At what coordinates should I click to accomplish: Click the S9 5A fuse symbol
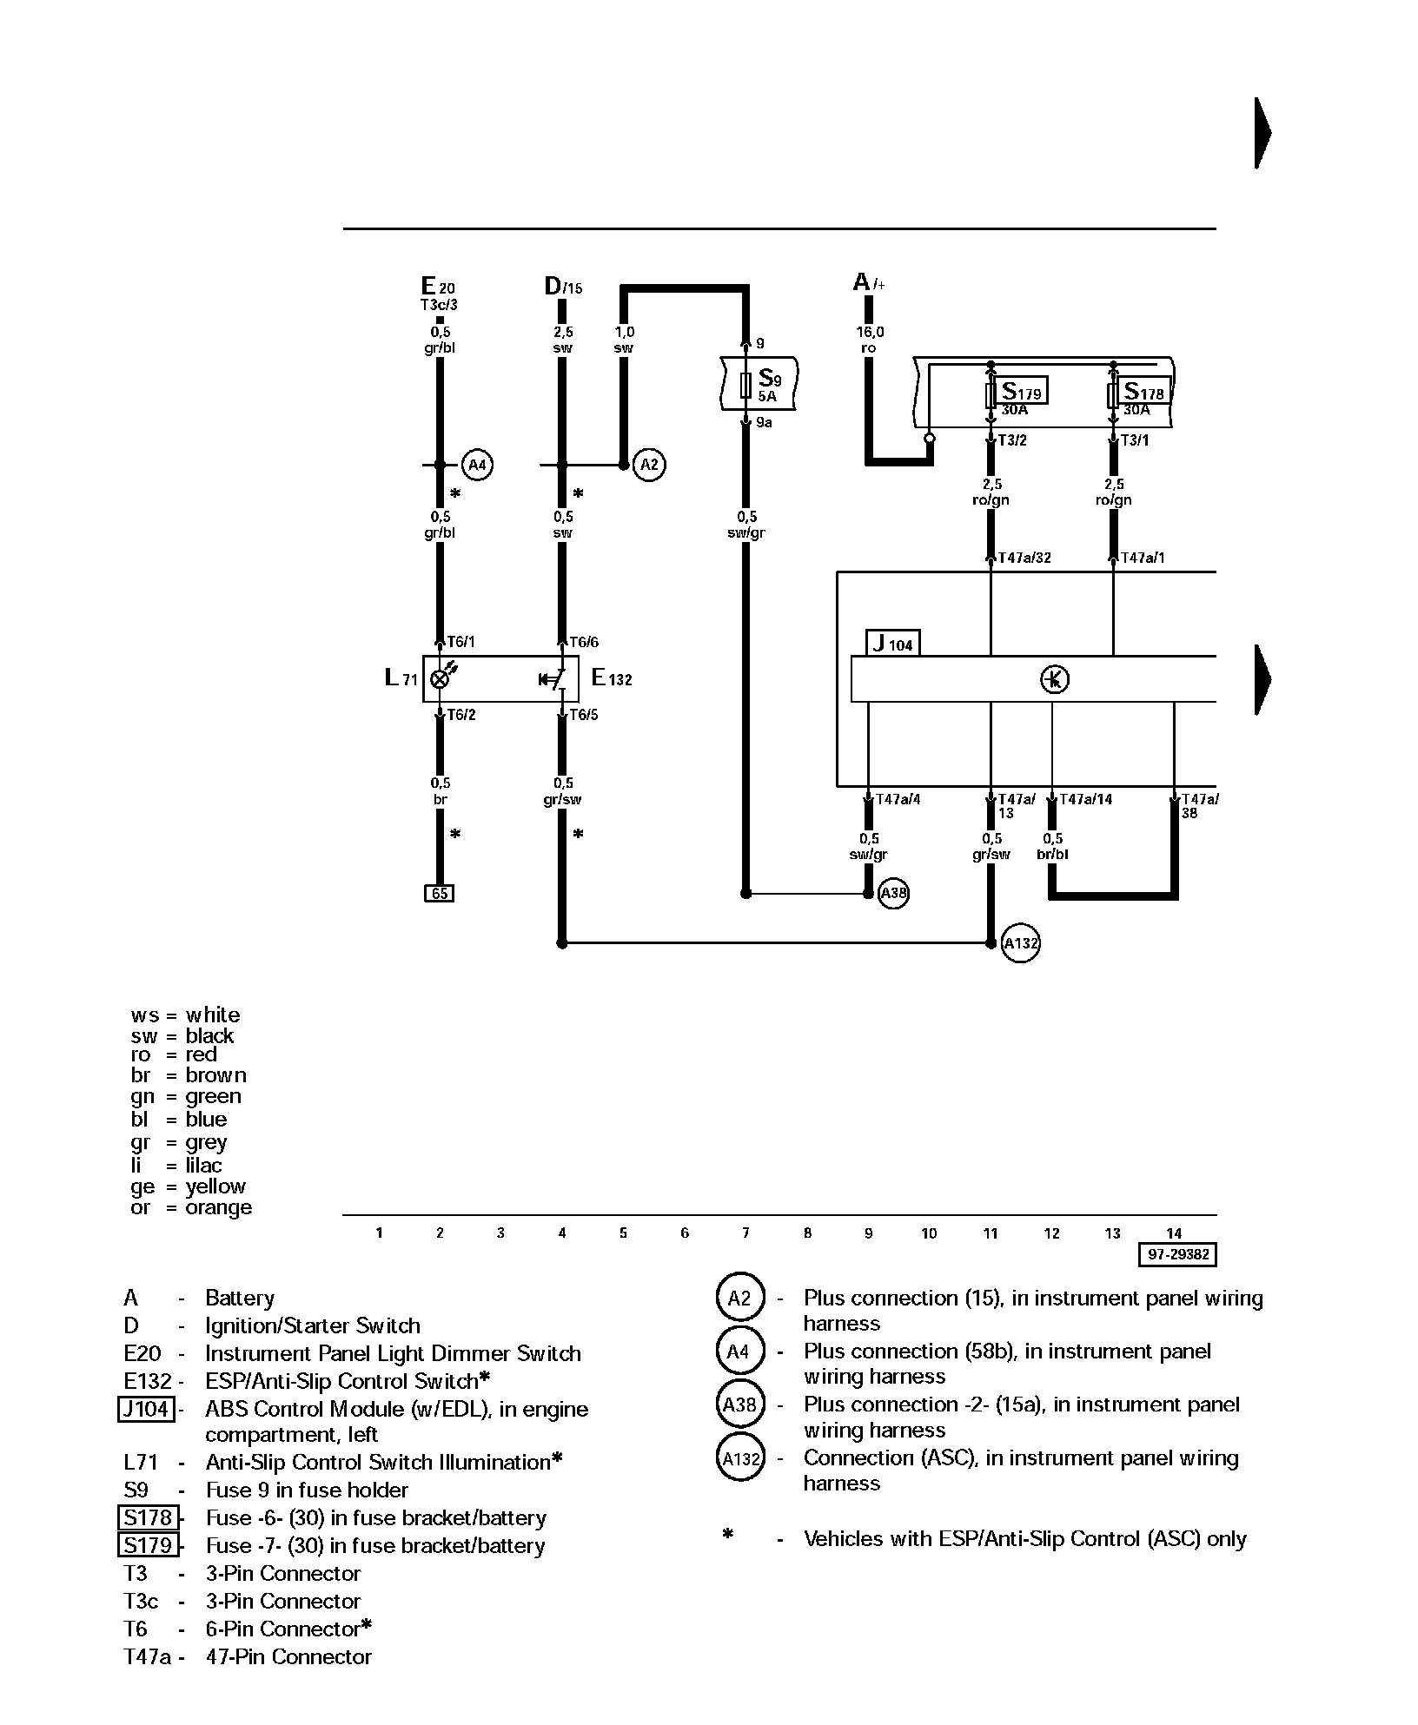pos(745,386)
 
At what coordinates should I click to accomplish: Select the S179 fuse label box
pos(1022,391)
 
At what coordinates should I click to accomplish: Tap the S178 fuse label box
pos(1143,391)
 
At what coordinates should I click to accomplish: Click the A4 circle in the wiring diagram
pos(477,465)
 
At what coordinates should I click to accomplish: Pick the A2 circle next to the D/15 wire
pos(649,465)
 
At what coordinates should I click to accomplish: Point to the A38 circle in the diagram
pos(894,893)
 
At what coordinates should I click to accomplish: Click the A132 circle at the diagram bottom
pos(1021,943)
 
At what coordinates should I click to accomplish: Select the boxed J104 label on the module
pos(893,644)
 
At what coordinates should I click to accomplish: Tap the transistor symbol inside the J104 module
pos(1054,678)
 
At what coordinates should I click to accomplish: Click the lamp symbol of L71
pos(441,678)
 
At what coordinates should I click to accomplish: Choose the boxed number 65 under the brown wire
pos(440,893)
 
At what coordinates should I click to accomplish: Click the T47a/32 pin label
pos(1024,558)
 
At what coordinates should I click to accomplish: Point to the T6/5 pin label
pos(583,715)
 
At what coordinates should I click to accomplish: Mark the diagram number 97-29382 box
pos(1177,1254)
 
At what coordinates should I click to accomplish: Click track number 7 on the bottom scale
pos(745,1233)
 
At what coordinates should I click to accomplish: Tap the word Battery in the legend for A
pos(240,1298)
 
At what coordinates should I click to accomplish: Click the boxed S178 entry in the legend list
pos(148,1517)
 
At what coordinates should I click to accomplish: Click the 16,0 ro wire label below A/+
pos(869,340)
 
